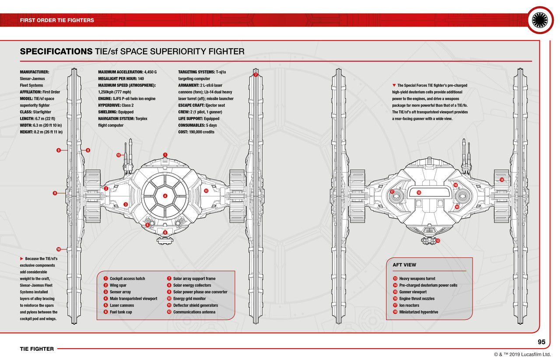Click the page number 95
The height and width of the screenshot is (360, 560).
click(541, 342)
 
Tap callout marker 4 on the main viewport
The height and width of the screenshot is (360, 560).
click(165, 196)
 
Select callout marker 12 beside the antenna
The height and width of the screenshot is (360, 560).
click(119, 155)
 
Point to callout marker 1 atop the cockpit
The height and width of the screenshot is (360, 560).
click(165, 155)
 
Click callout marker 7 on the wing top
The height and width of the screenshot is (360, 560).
click(255, 75)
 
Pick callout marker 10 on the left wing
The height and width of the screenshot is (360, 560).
click(58, 249)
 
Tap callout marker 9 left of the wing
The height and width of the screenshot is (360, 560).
click(55, 193)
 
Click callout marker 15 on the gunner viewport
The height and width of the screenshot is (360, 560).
click(418, 192)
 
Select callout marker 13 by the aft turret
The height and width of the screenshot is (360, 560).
click(437, 241)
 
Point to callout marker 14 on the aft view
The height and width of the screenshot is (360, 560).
click(501, 180)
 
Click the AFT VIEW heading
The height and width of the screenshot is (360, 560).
click(404, 265)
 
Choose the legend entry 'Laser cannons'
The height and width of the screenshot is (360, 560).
click(122, 305)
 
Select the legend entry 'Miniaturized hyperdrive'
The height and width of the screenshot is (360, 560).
click(418, 312)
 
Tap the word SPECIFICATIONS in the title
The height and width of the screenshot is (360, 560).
click(56, 52)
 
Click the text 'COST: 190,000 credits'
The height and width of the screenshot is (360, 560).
click(196, 132)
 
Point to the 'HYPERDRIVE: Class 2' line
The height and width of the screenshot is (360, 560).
click(116, 105)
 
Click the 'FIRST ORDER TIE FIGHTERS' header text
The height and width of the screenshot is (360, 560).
click(57, 20)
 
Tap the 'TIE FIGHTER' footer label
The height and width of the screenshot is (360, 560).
click(37, 349)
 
